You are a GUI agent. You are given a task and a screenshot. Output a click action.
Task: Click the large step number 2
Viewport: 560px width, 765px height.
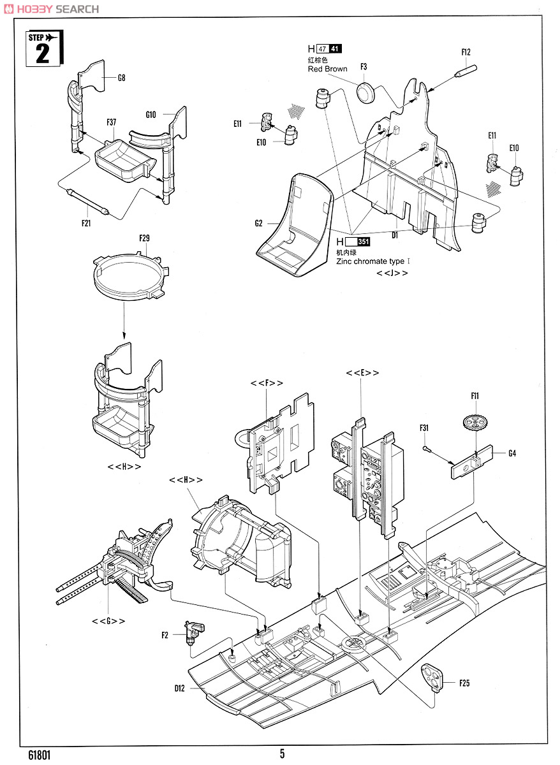[42, 54]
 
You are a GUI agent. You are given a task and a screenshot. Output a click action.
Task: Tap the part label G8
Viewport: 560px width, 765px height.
[121, 78]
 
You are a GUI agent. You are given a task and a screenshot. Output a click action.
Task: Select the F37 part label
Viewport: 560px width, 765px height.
[112, 122]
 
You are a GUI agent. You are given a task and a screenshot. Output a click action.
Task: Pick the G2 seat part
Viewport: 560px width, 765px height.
[294, 226]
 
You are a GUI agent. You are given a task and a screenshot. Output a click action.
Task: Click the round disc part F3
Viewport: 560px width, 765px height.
[365, 92]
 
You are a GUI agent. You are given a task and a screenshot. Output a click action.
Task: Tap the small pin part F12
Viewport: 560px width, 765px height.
[466, 70]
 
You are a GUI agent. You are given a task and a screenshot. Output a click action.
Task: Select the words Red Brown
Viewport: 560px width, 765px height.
[327, 69]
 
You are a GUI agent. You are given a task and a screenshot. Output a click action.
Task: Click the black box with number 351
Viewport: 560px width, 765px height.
[363, 242]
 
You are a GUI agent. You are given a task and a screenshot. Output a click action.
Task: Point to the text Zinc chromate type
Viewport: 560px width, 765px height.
[370, 261]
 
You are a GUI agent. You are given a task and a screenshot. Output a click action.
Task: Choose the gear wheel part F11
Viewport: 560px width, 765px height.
[475, 424]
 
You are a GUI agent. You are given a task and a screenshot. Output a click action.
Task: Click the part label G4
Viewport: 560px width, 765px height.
[512, 453]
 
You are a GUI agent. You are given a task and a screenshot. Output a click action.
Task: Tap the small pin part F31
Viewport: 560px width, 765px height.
[425, 448]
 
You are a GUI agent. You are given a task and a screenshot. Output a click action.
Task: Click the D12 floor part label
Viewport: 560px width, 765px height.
[180, 688]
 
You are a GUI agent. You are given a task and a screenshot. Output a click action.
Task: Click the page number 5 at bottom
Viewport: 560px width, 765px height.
[282, 754]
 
